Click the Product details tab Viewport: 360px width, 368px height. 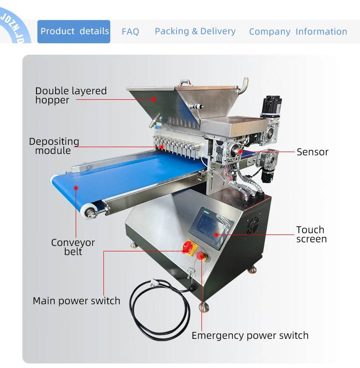pyautogui.click(x=74, y=31)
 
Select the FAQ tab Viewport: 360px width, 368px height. pyautogui.click(x=130, y=32)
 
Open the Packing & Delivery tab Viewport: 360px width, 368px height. pyautogui.click(x=195, y=31)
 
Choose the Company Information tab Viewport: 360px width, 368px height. pyautogui.click(x=298, y=32)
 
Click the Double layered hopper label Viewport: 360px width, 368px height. pyautogui.click(x=71, y=95)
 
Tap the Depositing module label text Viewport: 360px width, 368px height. pyautogui.click(x=54, y=146)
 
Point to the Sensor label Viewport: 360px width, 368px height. pyautogui.click(x=313, y=152)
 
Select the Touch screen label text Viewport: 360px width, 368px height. pyautogui.click(x=311, y=234)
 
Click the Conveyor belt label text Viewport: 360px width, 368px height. pyautogui.click(x=73, y=247)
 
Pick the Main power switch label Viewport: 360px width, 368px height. pyautogui.click(x=77, y=301)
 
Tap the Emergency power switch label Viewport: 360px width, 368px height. pyautogui.click(x=250, y=336)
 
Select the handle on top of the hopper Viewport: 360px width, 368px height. pyautogui.click(x=184, y=83)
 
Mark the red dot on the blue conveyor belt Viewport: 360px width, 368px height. pyautogui.click(x=77, y=187)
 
